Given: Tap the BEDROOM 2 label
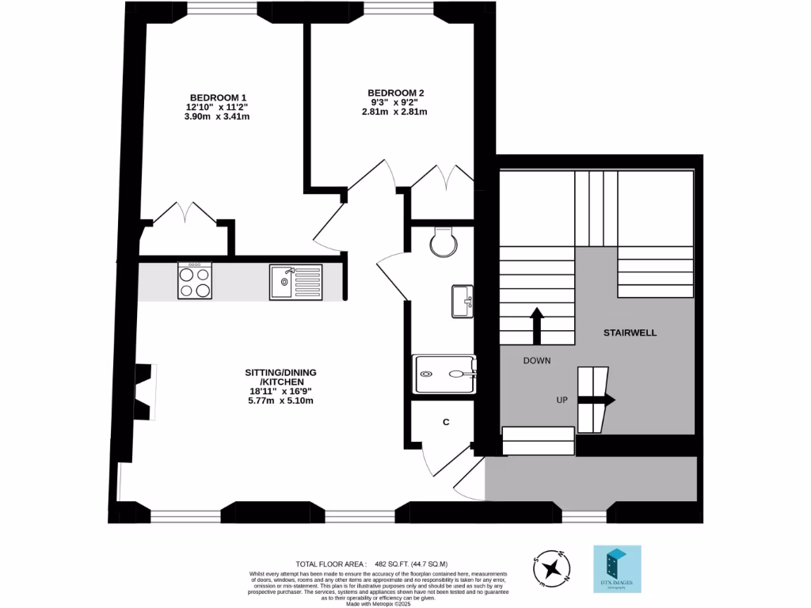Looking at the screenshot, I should click(397, 93).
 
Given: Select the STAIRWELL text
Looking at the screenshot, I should click(631, 332).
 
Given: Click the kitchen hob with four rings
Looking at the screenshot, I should click(195, 281).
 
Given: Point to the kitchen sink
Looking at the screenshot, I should click(295, 281).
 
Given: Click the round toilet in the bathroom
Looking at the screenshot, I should click(444, 242).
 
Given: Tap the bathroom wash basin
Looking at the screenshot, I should click(462, 301).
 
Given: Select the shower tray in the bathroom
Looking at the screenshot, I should click(446, 373).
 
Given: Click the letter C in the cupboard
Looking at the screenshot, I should click(446, 422).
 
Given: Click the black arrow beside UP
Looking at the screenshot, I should click(596, 401).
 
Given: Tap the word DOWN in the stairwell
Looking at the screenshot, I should click(536, 361).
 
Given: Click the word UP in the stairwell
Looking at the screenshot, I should click(562, 401).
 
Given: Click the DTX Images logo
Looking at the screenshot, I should click(617, 568).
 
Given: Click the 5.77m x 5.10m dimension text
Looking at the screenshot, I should click(281, 401).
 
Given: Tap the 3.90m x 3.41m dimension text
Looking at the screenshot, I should click(217, 116).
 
